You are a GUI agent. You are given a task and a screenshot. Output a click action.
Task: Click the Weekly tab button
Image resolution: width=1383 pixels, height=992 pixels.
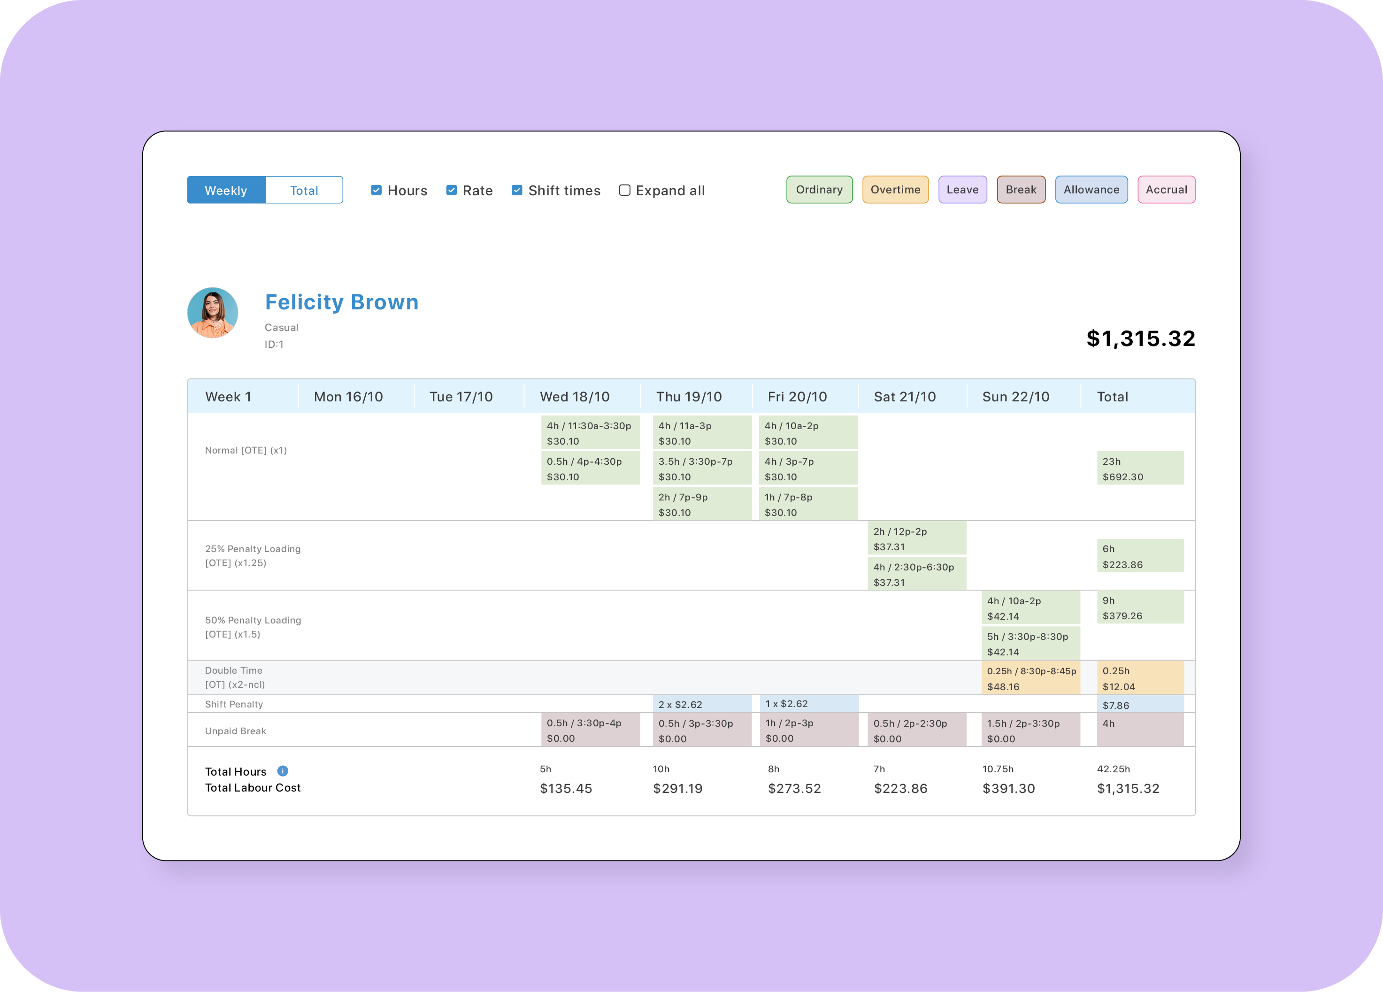[226, 190]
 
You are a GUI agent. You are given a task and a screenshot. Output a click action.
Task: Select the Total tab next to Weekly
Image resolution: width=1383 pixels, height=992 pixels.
[304, 190]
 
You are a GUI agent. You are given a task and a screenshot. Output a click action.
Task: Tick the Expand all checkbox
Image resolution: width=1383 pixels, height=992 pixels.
[624, 190]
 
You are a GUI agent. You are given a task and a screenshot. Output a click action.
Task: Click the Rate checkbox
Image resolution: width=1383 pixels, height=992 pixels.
[451, 190]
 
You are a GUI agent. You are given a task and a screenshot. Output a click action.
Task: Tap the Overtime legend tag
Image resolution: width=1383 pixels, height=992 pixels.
[895, 190]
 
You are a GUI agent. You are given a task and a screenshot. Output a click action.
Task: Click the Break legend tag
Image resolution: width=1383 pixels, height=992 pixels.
[1020, 190]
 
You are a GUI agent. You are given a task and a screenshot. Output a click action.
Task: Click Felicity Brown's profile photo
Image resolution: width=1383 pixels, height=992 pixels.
[212, 313]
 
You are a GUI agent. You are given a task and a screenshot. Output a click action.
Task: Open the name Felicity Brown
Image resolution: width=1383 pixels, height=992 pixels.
[341, 302]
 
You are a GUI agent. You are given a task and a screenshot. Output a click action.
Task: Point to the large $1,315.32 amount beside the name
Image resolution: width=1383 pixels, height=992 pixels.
[1140, 338]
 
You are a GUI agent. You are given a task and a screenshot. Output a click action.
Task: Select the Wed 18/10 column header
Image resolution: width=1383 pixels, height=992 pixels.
[575, 397]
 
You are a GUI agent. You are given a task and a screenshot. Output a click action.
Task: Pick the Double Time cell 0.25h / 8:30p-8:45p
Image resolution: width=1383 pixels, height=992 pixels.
[1030, 678]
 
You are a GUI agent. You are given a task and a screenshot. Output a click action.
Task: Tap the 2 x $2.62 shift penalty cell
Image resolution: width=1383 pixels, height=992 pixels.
[701, 704]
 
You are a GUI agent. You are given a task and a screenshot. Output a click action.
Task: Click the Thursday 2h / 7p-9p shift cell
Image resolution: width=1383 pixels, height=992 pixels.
[701, 504]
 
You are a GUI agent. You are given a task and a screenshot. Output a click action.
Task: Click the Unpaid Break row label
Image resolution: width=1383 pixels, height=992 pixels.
[235, 731]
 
